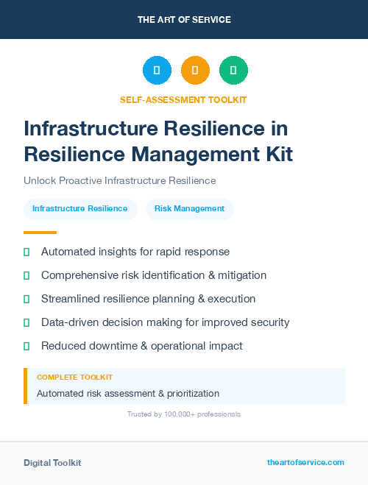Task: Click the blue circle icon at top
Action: click(x=157, y=70)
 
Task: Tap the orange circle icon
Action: click(x=195, y=70)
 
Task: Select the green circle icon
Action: click(x=233, y=70)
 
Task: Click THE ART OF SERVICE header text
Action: click(x=184, y=20)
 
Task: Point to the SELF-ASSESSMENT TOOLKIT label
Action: click(x=183, y=99)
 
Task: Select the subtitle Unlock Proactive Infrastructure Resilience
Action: click(x=120, y=180)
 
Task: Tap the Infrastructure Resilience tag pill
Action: click(x=80, y=208)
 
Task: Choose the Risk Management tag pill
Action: click(x=190, y=208)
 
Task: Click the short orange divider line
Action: click(x=40, y=233)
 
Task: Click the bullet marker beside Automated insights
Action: click(x=26, y=252)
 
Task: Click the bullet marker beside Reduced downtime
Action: click(x=26, y=346)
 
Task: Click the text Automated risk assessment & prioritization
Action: click(x=128, y=393)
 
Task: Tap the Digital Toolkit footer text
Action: click(x=52, y=462)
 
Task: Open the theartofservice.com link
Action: click(x=305, y=462)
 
